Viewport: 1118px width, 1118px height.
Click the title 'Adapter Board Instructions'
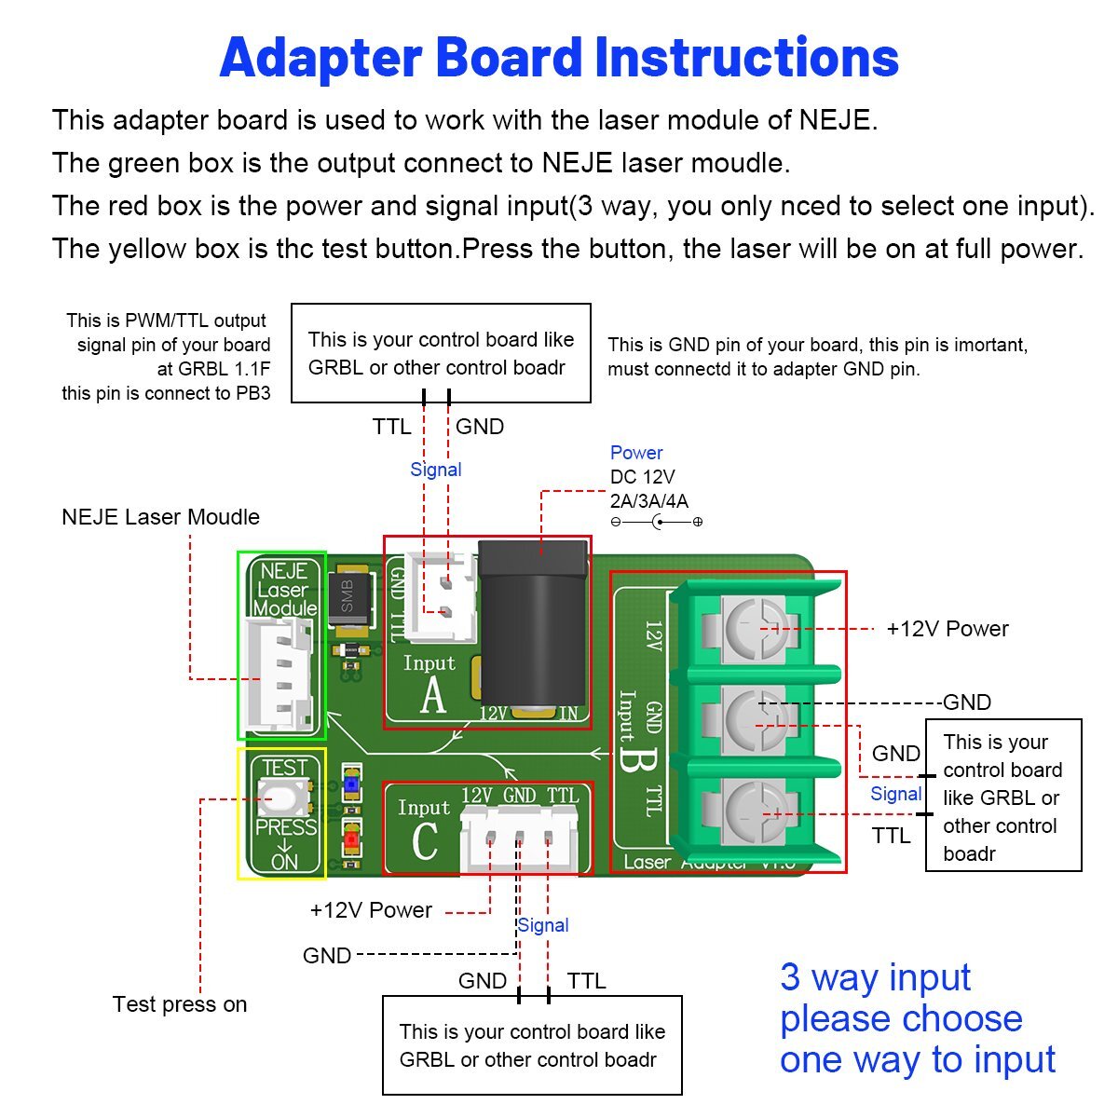coord(559,58)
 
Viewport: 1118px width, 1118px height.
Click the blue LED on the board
coord(351,785)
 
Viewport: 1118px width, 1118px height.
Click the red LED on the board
coord(351,839)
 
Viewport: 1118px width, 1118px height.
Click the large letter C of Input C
coord(424,841)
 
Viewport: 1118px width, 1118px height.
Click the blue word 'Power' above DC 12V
coord(636,453)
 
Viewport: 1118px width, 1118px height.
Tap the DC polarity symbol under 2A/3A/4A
coord(657,522)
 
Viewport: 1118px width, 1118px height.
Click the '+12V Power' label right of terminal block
coord(947,629)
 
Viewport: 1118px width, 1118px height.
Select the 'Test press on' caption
coord(180,1004)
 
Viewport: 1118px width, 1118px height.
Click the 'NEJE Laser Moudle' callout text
coord(160,517)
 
